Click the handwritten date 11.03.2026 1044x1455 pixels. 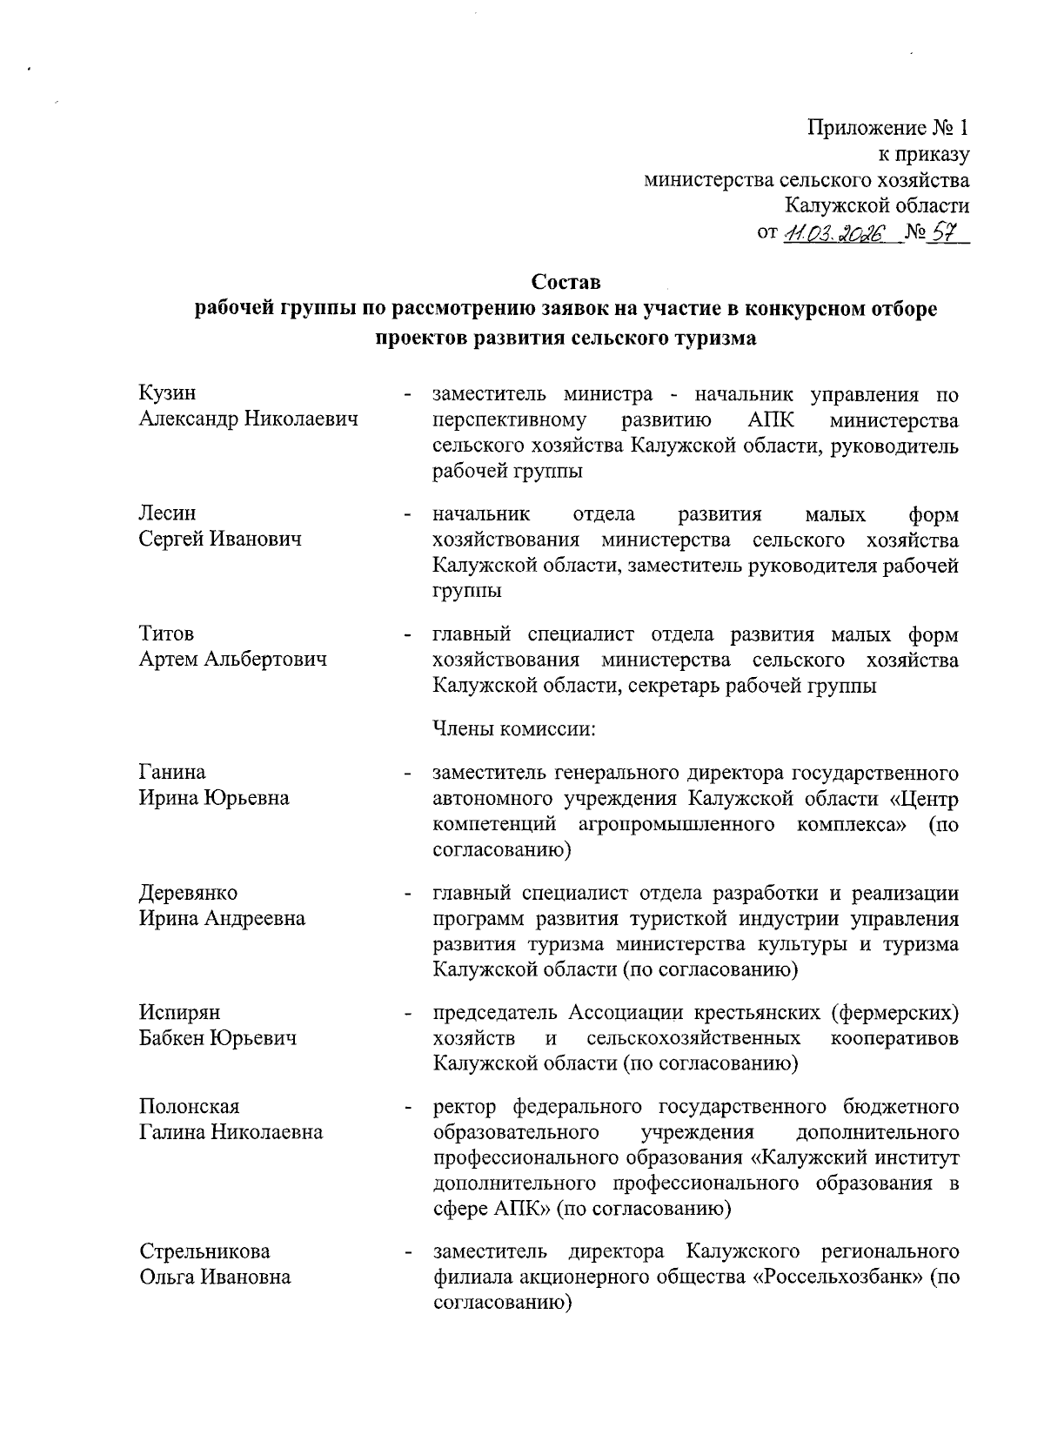(833, 233)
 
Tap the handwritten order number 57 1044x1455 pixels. (941, 232)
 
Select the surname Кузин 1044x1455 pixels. (168, 394)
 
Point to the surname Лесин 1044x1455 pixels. (168, 513)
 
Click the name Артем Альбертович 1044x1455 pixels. (233, 660)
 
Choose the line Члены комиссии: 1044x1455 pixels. (513, 728)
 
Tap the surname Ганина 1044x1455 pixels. (173, 772)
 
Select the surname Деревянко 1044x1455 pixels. (188, 893)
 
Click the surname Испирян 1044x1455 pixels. (180, 1013)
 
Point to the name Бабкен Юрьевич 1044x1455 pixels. (218, 1038)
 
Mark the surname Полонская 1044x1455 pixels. (189, 1107)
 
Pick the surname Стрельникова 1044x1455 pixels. (205, 1251)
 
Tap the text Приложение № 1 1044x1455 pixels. (887, 129)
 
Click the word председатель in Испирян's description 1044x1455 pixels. (495, 1013)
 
